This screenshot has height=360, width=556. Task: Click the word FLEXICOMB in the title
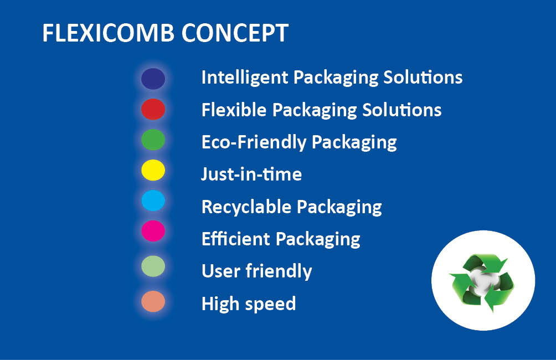click(x=108, y=33)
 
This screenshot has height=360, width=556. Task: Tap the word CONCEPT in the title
click(x=235, y=33)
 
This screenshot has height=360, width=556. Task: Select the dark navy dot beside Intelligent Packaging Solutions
click(x=153, y=79)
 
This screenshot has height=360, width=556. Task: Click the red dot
click(x=153, y=109)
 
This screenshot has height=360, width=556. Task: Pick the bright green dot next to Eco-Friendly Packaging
click(x=153, y=140)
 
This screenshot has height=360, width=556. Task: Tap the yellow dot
click(x=153, y=170)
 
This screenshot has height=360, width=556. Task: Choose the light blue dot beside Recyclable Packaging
click(x=153, y=200)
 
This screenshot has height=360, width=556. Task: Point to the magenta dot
click(x=153, y=231)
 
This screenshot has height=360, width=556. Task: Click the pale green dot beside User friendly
click(x=153, y=266)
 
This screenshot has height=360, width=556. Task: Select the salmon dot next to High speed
click(x=153, y=301)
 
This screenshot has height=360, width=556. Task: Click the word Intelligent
click(x=245, y=78)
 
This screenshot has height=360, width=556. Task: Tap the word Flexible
click(x=234, y=110)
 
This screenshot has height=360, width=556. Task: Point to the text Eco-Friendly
click(x=254, y=142)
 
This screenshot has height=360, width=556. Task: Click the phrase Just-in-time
click(x=252, y=174)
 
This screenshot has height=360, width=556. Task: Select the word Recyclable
click(x=246, y=207)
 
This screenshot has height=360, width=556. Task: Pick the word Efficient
click(x=236, y=239)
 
